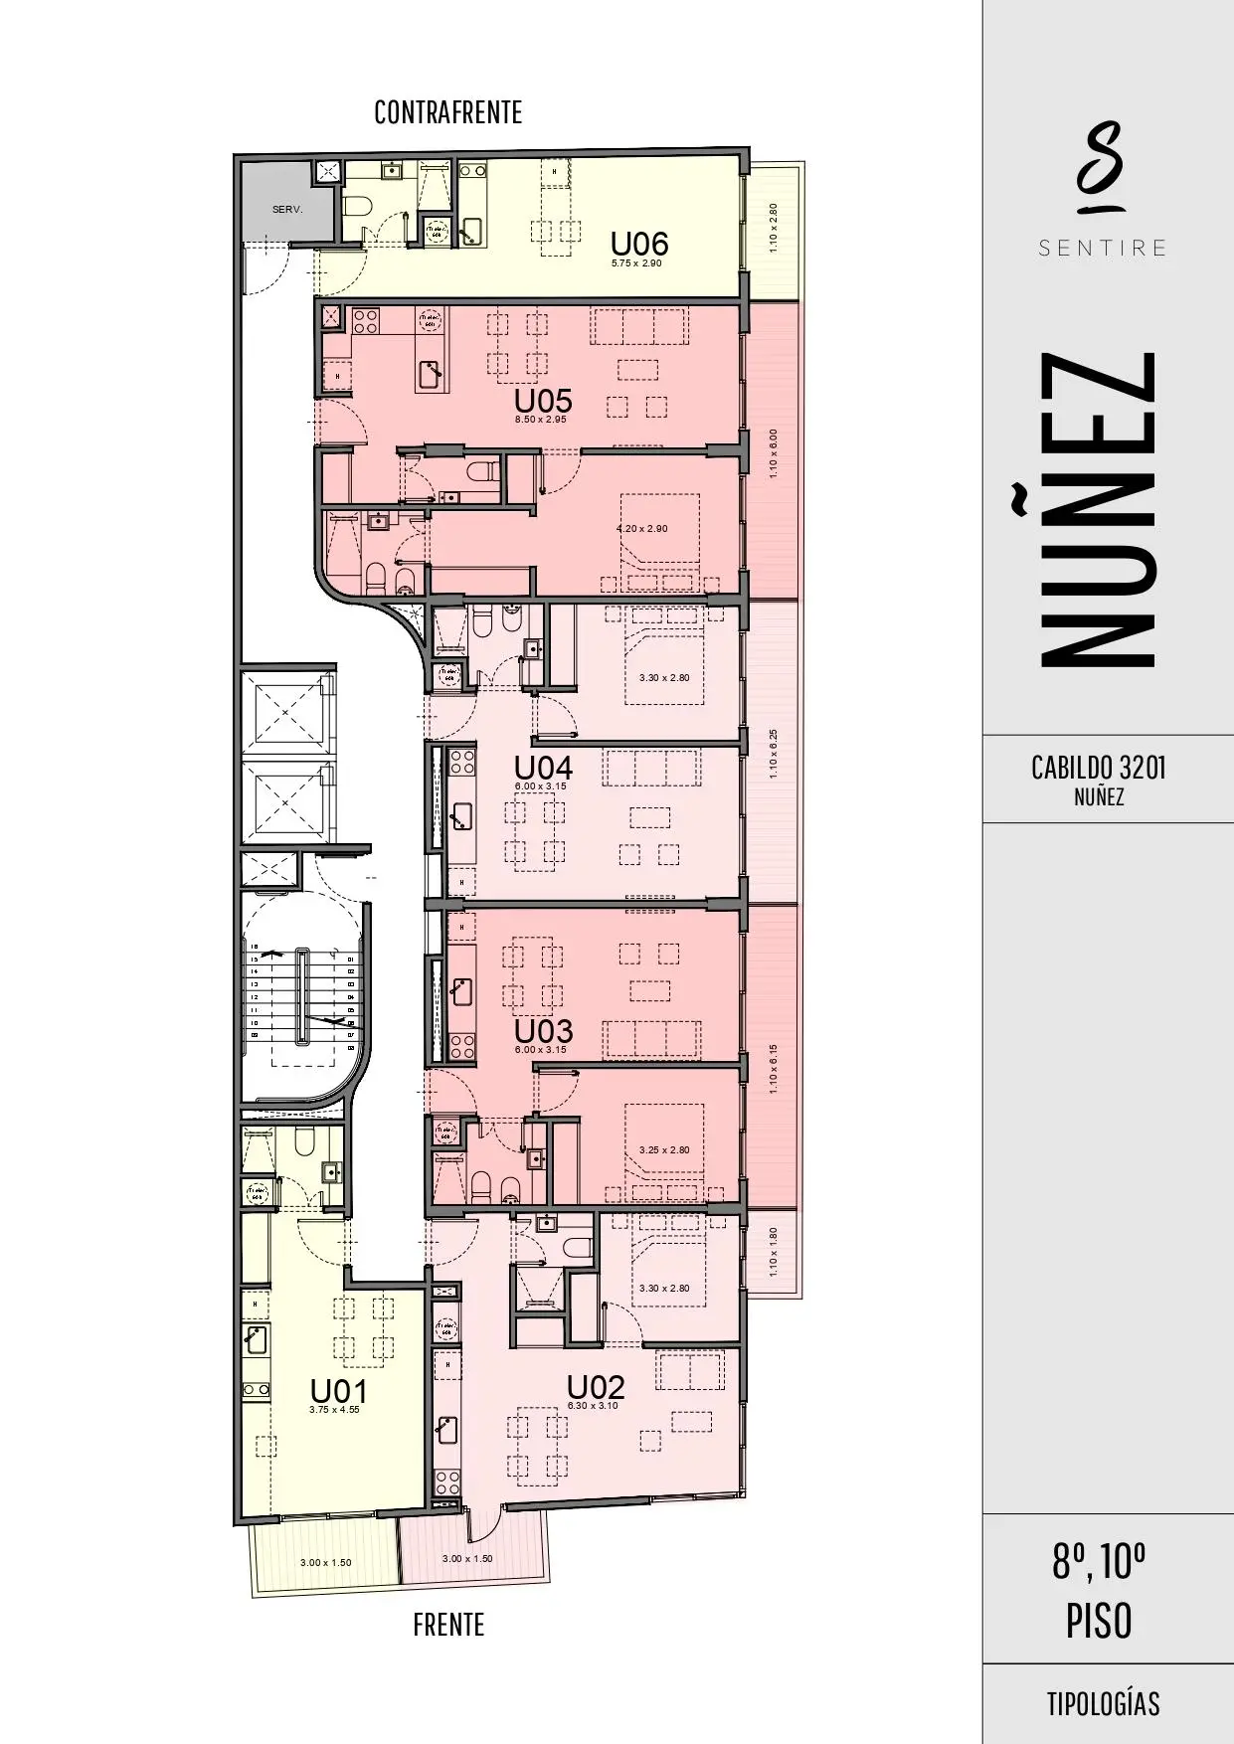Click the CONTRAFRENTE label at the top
[447, 112]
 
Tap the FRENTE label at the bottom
[448, 1625]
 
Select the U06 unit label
[638, 244]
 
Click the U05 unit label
[542, 401]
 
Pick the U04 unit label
[542, 768]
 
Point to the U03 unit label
[542, 1030]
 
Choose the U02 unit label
[595, 1387]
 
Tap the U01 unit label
[339, 1390]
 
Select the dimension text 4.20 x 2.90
[642, 528]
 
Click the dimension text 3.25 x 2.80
[664, 1149]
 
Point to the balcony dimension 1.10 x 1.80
[775, 1253]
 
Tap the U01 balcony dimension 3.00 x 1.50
[326, 1562]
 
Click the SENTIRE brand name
[1102, 248]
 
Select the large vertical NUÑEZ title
[1100, 509]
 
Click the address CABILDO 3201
[1098, 768]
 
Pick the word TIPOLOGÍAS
[1102, 1703]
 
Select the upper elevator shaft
[284, 711]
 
